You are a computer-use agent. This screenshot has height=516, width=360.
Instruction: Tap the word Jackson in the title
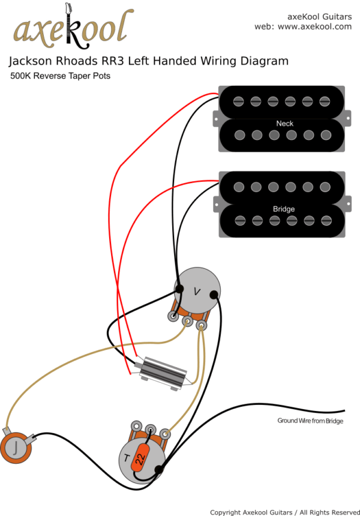tap(31, 61)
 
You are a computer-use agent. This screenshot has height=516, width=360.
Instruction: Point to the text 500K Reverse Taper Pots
tap(60, 76)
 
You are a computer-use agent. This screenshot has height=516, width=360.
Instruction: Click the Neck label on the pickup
tap(284, 124)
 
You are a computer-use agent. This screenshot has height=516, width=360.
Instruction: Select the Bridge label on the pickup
tap(284, 209)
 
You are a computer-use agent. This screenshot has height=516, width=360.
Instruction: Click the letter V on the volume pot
tap(197, 290)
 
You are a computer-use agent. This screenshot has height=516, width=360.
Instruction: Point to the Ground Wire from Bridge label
tap(310, 421)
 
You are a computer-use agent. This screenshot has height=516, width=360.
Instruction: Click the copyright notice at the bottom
tap(284, 512)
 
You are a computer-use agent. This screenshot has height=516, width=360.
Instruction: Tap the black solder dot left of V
tap(179, 289)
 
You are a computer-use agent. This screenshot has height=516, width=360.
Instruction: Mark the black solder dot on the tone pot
tap(158, 469)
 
